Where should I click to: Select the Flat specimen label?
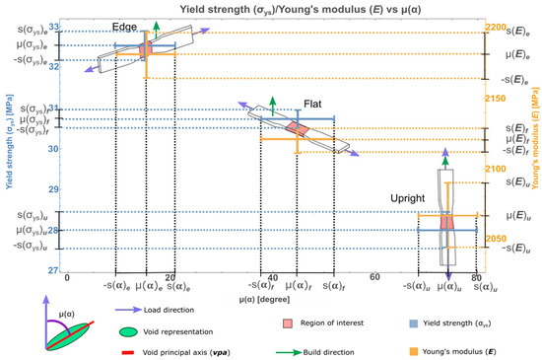313,102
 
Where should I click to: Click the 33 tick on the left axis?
55,27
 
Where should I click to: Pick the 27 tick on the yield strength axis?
55,270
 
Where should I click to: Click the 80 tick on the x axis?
477,278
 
